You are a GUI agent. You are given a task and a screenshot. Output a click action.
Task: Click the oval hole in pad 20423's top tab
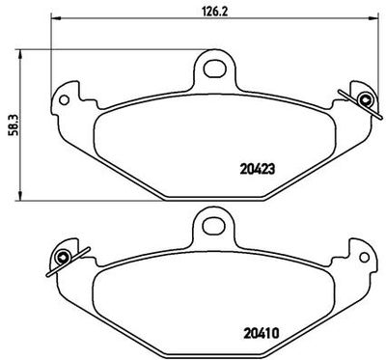tap(215, 69)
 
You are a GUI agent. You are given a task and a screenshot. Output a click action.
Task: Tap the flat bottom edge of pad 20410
tap(214, 349)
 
